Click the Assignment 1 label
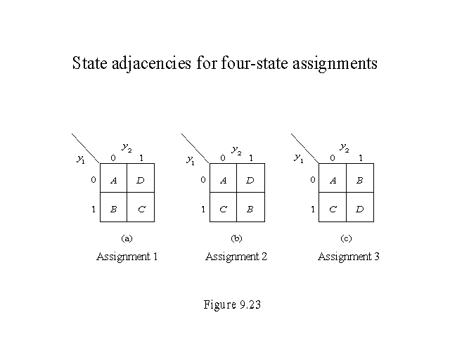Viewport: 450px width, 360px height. [x=127, y=257]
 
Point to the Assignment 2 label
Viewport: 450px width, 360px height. [x=236, y=257]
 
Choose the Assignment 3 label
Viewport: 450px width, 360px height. [x=349, y=257]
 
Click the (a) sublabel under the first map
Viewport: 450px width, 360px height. [x=127, y=239]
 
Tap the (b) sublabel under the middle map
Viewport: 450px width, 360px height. [x=237, y=239]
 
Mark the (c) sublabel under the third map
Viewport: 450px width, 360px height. [x=347, y=239]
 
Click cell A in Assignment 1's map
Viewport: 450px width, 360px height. [x=114, y=181]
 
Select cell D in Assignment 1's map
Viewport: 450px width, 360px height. [x=141, y=181]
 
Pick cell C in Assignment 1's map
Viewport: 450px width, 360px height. [x=141, y=209]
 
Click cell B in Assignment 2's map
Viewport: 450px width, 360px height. [x=250, y=209]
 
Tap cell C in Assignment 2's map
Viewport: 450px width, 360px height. [x=223, y=209]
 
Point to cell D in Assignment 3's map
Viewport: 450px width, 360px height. [x=361, y=209]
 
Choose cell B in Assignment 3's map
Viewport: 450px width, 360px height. [x=361, y=181]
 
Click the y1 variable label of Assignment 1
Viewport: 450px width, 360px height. [x=80, y=159]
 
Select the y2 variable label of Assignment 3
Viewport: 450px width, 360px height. [x=345, y=148]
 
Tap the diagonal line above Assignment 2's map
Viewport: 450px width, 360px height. [x=195, y=148]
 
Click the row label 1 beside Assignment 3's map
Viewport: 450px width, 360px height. [x=313, y=209]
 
